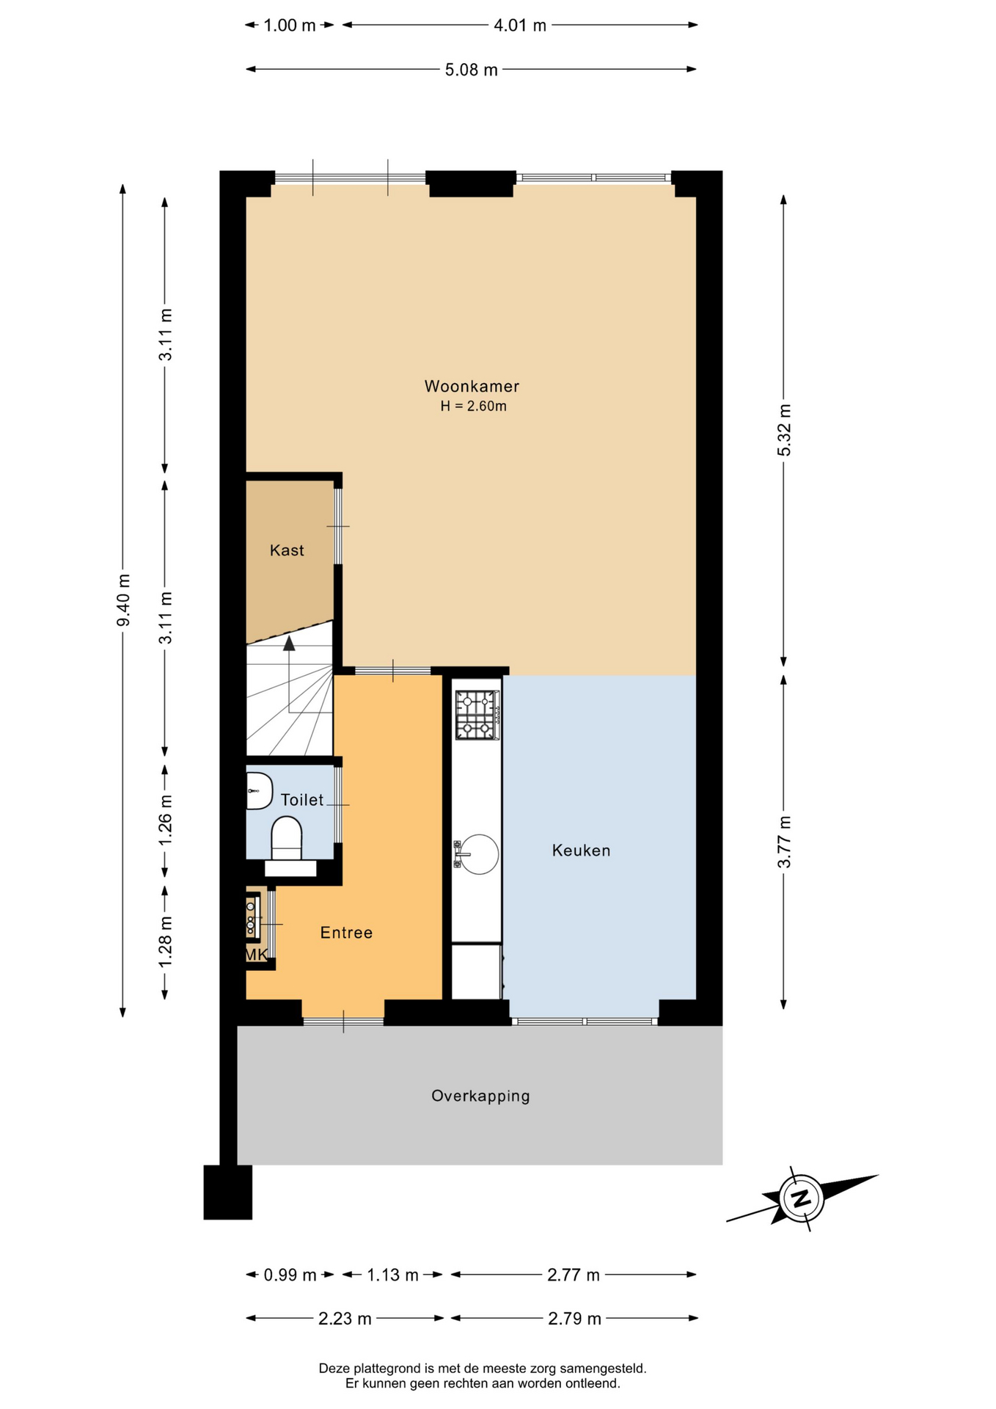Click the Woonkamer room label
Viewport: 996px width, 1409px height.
472,386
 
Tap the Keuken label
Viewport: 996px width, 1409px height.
581,851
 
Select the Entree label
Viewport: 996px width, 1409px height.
346,933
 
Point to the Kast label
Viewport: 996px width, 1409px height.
287,550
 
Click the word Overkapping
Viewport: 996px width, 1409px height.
480,1096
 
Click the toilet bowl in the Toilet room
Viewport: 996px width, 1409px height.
287,838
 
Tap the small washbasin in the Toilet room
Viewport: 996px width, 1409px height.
258,790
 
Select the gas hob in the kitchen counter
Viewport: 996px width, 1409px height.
477,715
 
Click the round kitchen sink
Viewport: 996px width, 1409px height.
479,854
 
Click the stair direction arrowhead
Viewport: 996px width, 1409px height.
289,643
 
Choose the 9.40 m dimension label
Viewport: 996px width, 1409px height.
123,600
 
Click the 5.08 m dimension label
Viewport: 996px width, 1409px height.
472,70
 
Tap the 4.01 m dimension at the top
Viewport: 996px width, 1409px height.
520,26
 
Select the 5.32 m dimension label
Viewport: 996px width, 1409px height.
784,430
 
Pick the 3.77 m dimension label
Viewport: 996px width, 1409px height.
784,842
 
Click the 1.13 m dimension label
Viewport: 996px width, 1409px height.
393,1275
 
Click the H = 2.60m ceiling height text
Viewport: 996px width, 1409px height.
474,406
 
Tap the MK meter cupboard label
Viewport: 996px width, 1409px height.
256,955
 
